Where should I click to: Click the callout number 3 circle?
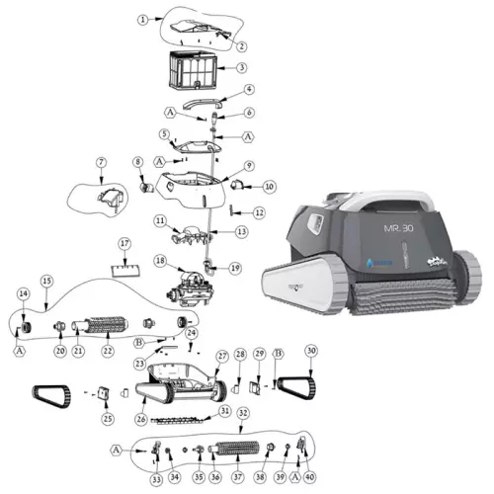coord(241,68)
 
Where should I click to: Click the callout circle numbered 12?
coord(260,211)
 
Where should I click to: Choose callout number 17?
coord(124,243)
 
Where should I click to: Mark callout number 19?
coord(234,268)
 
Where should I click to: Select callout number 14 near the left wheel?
coord(23,293)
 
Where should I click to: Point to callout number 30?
coord(312,351)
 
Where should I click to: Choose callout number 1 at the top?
coord(143,19)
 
